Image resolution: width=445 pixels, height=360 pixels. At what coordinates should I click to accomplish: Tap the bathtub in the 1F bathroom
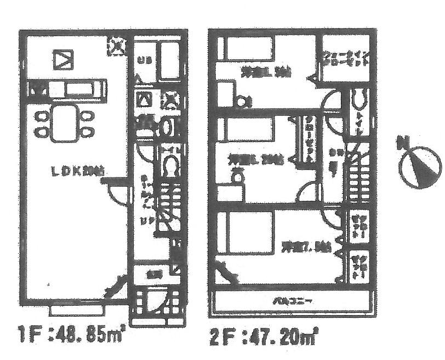(x=170, y=60)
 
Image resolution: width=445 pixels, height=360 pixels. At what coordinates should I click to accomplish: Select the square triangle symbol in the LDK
(x=62, y=59)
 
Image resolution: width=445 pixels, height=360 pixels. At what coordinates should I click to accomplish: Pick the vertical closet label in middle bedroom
(x=309, y=139)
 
